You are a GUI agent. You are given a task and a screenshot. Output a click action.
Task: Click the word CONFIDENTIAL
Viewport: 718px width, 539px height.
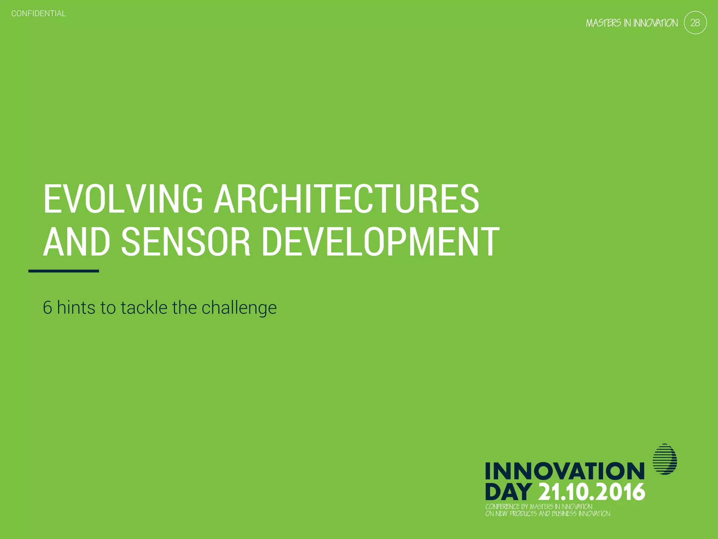point(39,14)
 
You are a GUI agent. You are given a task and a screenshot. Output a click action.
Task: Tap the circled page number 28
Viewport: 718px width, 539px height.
point(695,23)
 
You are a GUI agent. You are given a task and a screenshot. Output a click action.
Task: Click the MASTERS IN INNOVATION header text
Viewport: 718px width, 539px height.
point(631,23)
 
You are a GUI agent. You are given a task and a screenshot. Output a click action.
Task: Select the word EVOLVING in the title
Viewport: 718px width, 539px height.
point(123,199)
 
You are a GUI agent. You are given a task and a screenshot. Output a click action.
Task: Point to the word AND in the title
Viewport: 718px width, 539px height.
point(77,242)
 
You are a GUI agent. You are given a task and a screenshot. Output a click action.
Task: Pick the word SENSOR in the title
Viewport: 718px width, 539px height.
point(186,242)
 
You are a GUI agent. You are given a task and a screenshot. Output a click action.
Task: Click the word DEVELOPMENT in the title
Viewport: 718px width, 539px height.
point(380,242)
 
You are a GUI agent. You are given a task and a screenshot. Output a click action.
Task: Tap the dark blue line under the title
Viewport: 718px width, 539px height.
point(63,271)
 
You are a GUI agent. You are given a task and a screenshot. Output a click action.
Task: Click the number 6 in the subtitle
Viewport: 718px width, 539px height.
point(47,308)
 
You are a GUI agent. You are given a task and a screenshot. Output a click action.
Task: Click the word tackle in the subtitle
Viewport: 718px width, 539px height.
point(144,308)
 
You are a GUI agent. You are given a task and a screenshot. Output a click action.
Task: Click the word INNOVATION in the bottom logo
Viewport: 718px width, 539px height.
point(564,471)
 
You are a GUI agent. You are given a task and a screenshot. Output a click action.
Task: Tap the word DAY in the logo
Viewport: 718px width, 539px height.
point(509,492)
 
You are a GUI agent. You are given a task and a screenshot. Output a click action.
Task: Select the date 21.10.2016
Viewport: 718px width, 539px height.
point(591,492)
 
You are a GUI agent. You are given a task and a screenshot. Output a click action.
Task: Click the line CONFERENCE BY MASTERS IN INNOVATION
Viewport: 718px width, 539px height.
point(538,507)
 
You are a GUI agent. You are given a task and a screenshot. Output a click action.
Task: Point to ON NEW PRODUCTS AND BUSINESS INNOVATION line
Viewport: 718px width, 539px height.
point(548,514)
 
